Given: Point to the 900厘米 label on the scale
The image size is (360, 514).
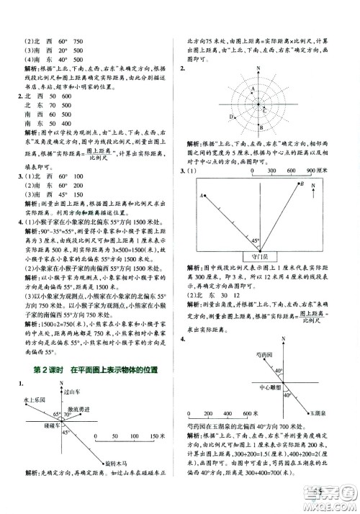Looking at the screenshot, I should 328,171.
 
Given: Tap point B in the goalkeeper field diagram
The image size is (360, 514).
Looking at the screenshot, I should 303,185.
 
